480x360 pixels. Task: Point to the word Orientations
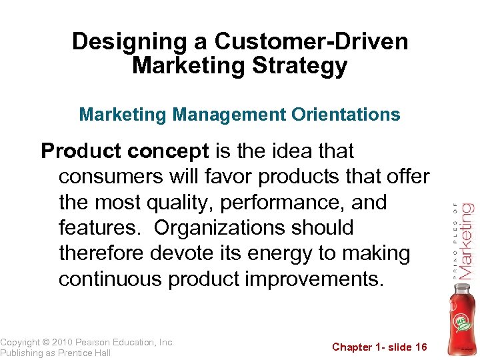point(345,115)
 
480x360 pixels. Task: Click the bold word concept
point(170,151)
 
